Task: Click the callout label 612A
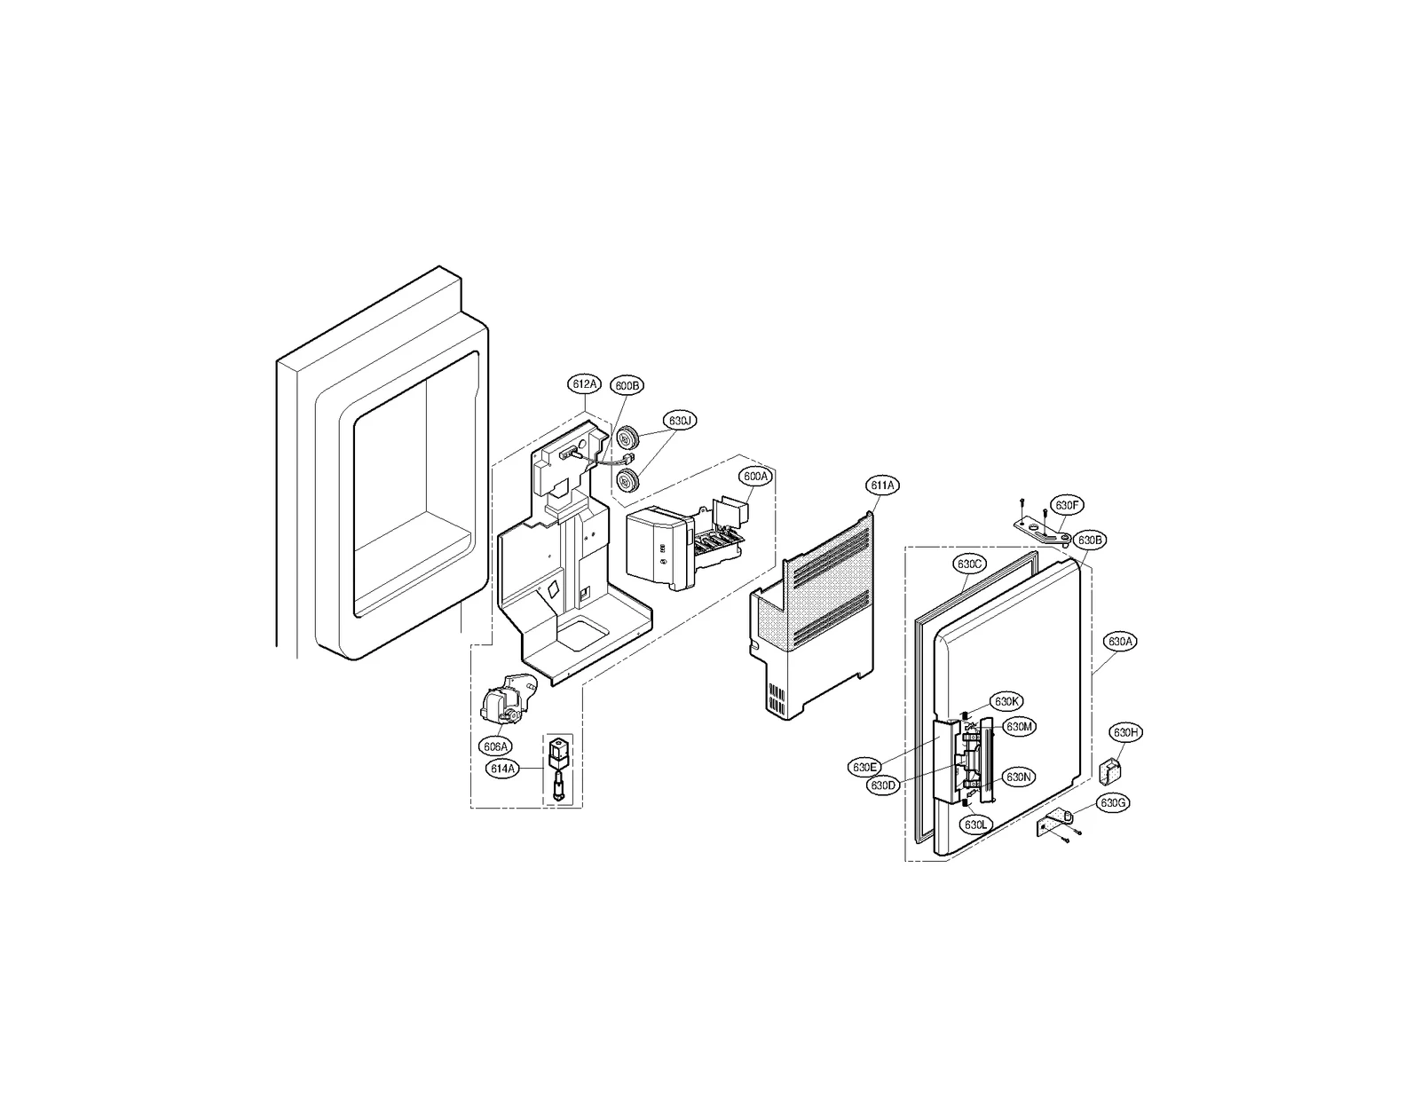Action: (x=585, y=384)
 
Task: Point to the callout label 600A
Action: (x=756, y=477)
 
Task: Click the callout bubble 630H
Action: (x=1126, y=732)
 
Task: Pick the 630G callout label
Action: (x=1113, y=803)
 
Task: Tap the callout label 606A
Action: (x=495, y=746)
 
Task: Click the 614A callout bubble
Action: (x=502, y=769)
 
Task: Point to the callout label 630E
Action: (x=864, y=767)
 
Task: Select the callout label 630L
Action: (x=975, y=825)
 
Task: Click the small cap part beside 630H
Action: (x=1108, y=770)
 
